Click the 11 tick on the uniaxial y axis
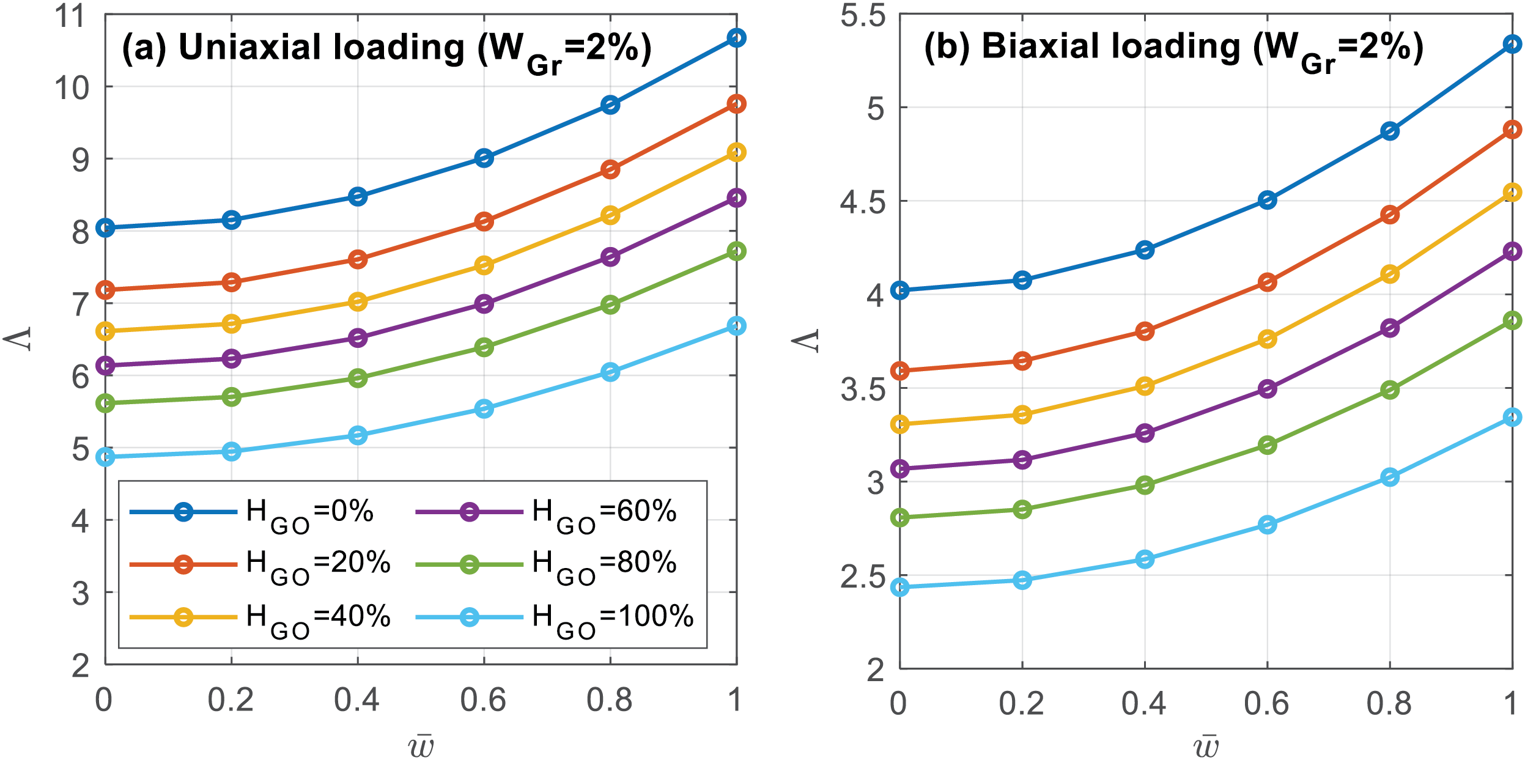click(x=72, y=16)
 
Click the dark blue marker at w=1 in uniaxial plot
click(x=736, y=38)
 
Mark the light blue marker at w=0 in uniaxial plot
click(x=105, y=457)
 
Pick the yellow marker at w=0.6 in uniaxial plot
click(x=484, y=265)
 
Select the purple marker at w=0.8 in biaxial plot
click(x=1390, y=328)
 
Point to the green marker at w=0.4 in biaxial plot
click(x=1145, y=485)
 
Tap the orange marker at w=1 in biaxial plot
click(x=1512, y=130)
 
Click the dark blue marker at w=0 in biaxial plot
click(x=899, y=290)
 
